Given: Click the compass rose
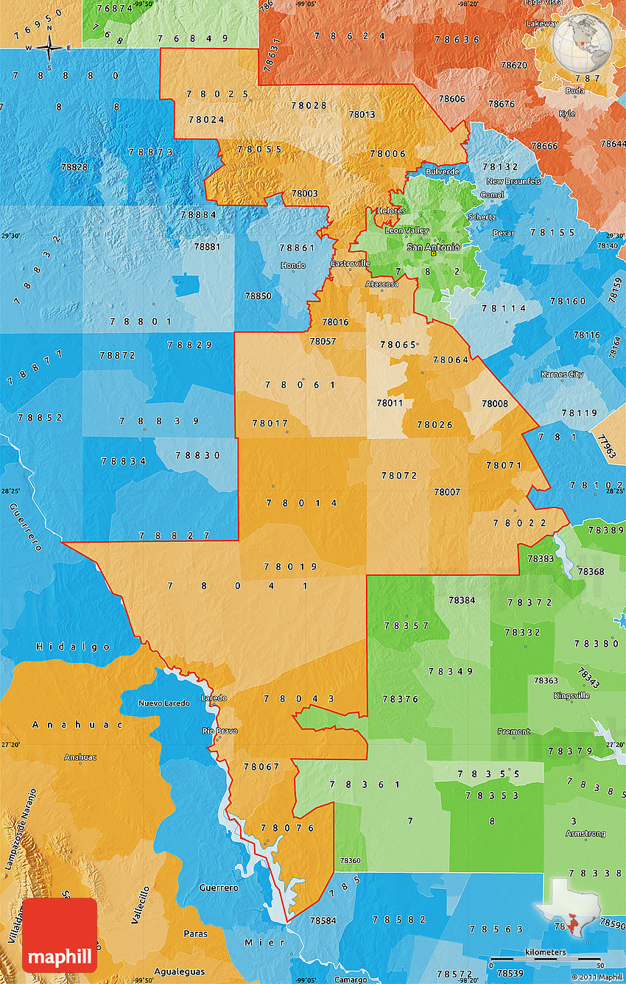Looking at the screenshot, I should tap(49, 49).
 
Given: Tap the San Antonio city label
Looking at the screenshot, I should tap(433, 247).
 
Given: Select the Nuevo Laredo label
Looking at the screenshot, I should tap(163, 703).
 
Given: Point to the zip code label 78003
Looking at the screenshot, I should tap(304, 194).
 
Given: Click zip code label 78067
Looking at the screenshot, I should tap(261, 767).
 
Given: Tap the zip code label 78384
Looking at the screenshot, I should tap(462, 600).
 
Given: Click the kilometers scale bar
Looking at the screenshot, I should tap(545, 959).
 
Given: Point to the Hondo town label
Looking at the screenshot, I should tap(294, 265).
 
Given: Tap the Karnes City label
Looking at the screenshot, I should tap(563, 374).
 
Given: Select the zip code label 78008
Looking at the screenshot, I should tap(494, 404).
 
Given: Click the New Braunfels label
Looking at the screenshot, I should tap(513, 181).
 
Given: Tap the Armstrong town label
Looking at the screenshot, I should tap(585, 834).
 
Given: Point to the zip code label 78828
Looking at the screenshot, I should tap(74, 167).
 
